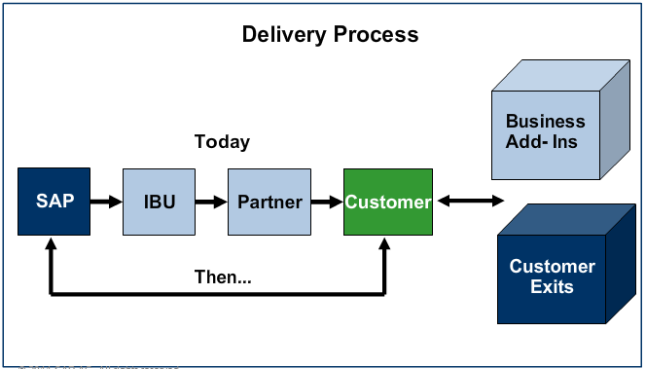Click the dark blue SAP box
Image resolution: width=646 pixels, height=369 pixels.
coord(54,202)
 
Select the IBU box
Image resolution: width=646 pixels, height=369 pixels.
coord(159,202)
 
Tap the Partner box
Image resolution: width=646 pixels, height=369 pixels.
coord(269,202)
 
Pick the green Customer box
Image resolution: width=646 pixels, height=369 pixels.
coord(388,202)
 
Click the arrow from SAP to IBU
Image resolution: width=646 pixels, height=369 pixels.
coord(106,202)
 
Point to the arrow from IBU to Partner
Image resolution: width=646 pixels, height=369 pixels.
coord(211,202)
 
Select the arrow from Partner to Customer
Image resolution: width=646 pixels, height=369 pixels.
coord(327,202)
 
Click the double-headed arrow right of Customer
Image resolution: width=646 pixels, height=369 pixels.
coord(471,202)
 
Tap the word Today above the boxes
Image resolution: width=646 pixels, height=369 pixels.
coord(222,142)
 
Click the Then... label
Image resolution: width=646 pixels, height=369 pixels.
coord(223,277)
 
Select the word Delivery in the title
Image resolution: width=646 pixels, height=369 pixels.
coord(284,35)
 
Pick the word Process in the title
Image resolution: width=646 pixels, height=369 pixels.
coord(377,34)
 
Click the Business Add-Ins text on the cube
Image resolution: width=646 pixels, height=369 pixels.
coord(545,131)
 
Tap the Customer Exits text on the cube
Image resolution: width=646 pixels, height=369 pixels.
coord(552,277)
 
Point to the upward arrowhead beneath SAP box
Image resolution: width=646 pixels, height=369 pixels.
coord(51,243)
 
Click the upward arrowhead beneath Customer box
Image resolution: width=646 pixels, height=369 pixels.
coord(384,243)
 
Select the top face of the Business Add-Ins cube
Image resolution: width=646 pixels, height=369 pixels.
coord(560,75)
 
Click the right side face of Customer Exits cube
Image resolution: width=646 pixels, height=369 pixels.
coord(621,264)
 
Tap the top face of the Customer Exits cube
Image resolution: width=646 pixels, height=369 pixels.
coord(567,220)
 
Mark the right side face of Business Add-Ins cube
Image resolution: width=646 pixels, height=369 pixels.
coord(615,120)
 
